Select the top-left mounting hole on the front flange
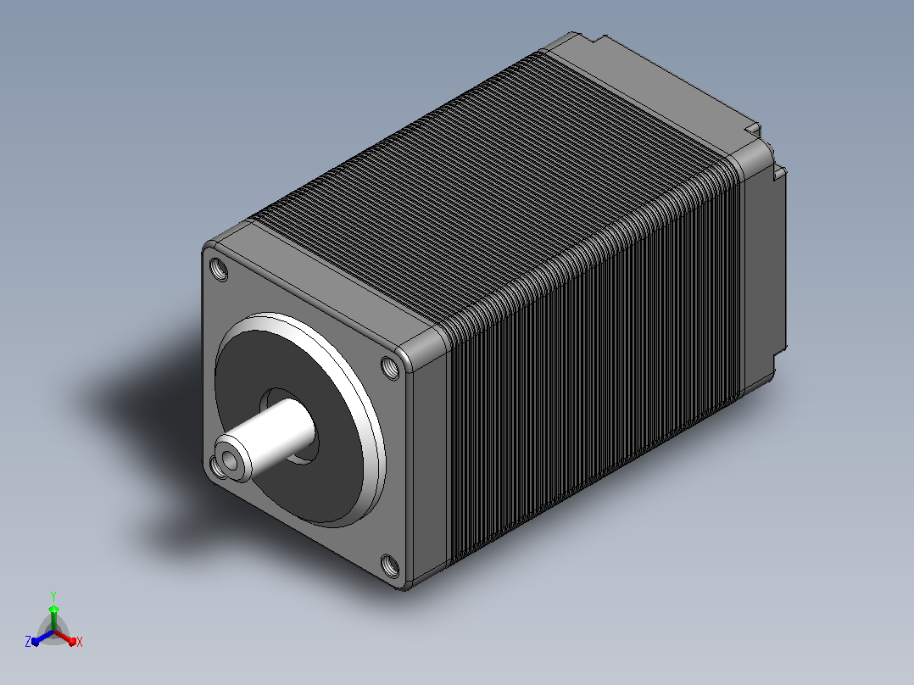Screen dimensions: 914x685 click(219, 270)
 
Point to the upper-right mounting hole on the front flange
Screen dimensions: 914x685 click(390, 367)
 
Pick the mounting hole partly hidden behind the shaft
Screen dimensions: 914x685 click(215, 466)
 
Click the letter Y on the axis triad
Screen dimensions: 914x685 click(53, 596)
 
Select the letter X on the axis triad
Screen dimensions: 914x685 click(80, 642)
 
